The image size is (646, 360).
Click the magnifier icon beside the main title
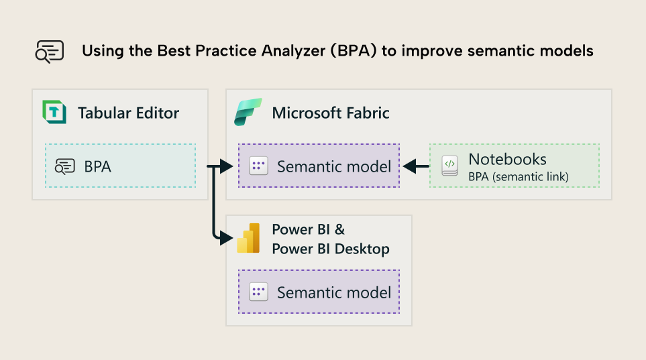[x=50, y=52]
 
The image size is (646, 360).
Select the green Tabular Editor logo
[x=54, y=112]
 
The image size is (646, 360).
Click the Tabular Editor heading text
[x=128, y=113]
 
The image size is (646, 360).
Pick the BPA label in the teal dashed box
[x=97, y=166]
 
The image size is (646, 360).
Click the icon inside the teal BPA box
[x=65, y=166]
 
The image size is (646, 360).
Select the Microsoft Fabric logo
[x=248, y=112]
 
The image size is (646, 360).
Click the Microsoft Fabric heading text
[x=330, y=113]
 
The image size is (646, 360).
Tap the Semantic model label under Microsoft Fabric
[x=333, y=166]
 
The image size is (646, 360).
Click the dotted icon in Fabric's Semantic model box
[x=258, y=166]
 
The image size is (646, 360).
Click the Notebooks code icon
[x=450, y=166]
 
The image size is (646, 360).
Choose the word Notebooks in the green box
[x=507, y=160]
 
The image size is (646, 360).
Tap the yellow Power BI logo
[x=248, y=238]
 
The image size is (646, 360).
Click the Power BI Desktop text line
[x=330, y=249]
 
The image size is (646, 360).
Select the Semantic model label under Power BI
[x=333, y=292]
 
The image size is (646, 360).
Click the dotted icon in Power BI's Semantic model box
[x=258, y=292]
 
